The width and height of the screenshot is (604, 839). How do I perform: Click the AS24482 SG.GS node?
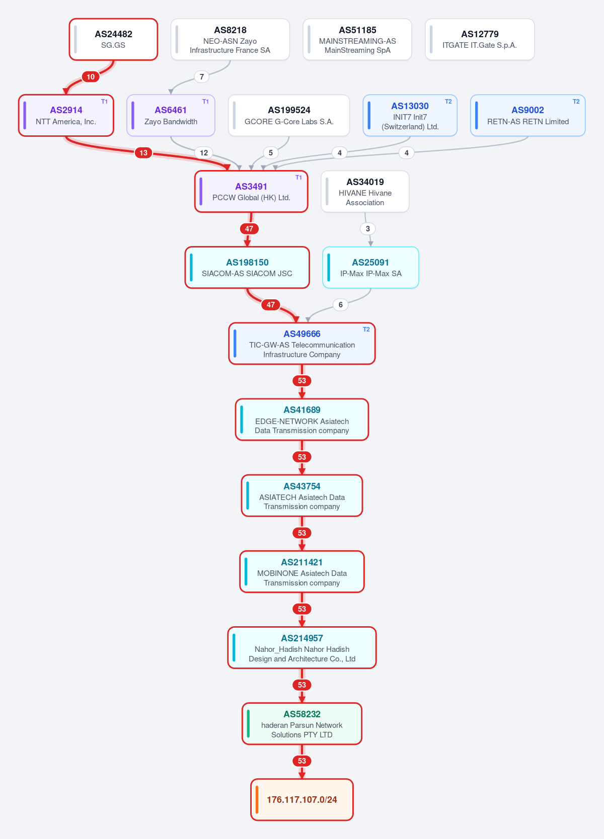pyautogui.click(x=113, y=39)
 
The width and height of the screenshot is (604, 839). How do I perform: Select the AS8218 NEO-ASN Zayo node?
pyautogui.click(x=230, y=39)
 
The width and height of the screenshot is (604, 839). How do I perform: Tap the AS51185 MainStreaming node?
pyautogui.click(x=357, y=39)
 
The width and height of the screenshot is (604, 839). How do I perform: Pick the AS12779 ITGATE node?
pyautogui.click(x=480, y=39)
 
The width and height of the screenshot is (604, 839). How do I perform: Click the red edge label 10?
pyautogui.click(x=91, y=77)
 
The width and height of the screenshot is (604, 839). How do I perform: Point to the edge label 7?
pyautogui.click(x=201, y=77)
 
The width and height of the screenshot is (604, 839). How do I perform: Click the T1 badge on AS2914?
pyautogui.click(x=104, y=102)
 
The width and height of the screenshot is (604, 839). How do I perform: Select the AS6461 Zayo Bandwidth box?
pyautogui.click(x=171, y=115)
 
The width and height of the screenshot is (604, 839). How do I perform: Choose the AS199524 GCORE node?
pyautogui.click(x=289, y=115)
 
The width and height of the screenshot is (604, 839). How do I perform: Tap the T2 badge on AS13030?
pyautogui.click(x=448, y=102)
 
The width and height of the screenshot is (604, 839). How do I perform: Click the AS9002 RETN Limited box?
pyautogui.click(x=527, y=115)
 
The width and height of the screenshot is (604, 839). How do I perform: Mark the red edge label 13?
pyautogui.click(x=143, y=153)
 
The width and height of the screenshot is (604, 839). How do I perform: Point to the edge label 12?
pyautogui.click(x=204, y=153)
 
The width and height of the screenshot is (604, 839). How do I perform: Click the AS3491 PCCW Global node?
pyautogui.click(x=251, y=192)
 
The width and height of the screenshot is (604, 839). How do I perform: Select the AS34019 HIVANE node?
pyautogui.click(x=365, y=192)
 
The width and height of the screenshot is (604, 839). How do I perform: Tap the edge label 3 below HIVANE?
pyautogui.click(x=367, y=228)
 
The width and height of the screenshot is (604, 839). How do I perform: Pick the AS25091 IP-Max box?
pyautogui.click(x=370, y=268)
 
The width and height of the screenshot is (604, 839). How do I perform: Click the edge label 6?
pyautogui.click(x=341, y=304)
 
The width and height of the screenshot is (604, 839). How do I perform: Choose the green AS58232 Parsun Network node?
pyautogui.click(x=302, y=724)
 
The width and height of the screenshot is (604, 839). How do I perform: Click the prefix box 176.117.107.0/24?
pyautogui.click(x=302, y=800)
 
